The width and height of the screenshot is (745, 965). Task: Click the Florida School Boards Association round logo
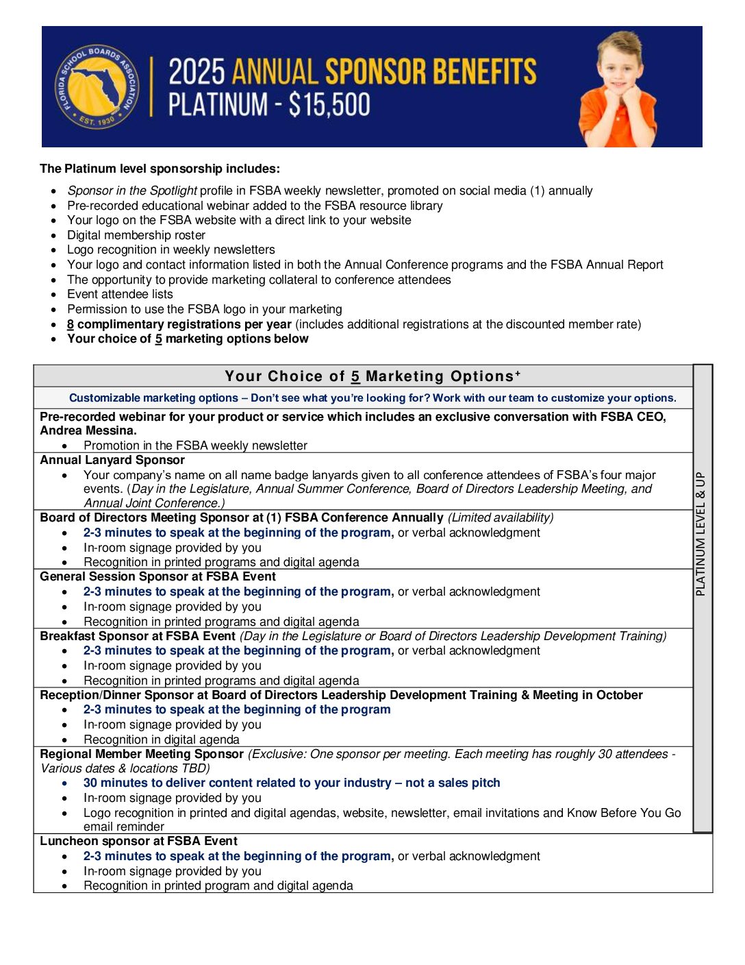click(96, 87)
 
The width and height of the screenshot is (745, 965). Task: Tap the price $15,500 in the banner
click(329, 105)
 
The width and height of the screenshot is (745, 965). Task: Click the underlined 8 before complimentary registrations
click(71, 324)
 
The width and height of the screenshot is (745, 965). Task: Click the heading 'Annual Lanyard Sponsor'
click(112, 461)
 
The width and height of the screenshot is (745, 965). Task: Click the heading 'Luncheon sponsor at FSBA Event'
click(138, 841)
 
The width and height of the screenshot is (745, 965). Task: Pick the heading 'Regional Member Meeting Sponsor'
click(142, 754)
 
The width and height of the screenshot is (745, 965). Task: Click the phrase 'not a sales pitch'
click(453, 783)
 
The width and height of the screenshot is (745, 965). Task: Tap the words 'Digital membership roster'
click(136, 235)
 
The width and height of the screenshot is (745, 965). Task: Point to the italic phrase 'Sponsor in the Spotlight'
click(132, 191)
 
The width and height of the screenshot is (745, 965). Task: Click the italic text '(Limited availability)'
click(501, 517)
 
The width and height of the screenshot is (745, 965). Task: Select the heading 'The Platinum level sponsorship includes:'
click(160, 169)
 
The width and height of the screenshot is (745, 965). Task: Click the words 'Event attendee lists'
click(120, 294)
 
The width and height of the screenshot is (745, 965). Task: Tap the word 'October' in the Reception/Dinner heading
click(619, 695)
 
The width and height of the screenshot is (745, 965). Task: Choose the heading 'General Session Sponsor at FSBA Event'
click(157, 576)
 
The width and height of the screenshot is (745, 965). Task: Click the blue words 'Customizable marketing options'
click(153, 398)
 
